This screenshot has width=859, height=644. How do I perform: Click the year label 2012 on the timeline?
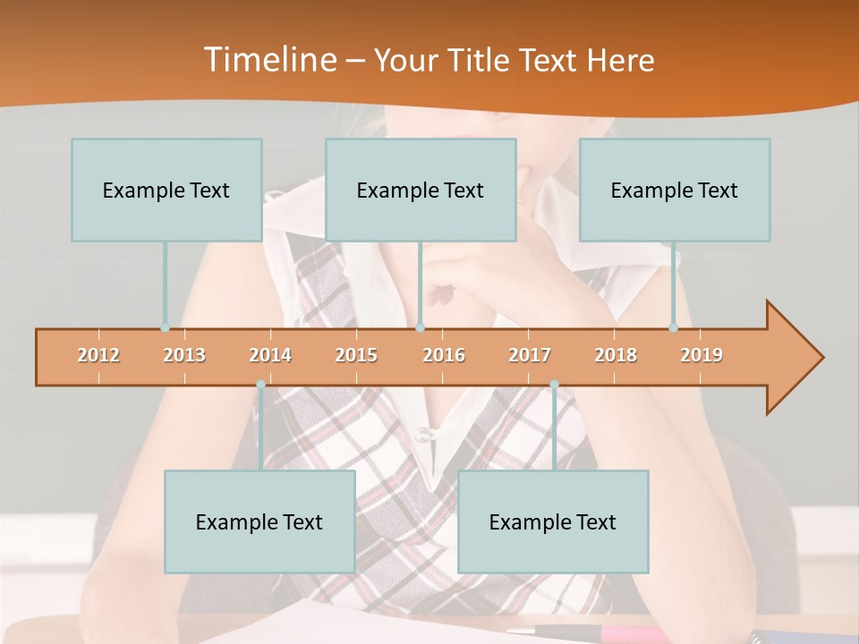click(98, 355)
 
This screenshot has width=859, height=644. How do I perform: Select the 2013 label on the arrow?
click(184, 355)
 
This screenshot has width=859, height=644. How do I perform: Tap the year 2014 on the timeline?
click(270, 355)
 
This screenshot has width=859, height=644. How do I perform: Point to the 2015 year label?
click(356, 355)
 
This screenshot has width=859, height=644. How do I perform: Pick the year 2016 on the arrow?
click(444, 355)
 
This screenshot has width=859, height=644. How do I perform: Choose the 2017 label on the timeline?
click(530, 355)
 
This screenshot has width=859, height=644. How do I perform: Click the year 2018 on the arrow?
click(616, 355)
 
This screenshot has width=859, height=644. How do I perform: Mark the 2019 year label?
click(702, 355)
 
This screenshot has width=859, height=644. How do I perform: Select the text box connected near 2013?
click(166, 190)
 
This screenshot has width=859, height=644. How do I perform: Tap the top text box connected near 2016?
click(421, 190)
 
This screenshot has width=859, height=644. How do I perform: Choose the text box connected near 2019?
click(675, 190)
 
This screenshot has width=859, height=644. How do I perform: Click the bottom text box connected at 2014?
click(259, 521)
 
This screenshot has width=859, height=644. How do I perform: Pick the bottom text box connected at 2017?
click(553, 521)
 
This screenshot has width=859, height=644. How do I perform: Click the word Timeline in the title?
click(268, 59)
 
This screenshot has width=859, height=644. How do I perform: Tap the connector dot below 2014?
click(260, 385)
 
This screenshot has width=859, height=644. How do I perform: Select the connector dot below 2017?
click(554, 385)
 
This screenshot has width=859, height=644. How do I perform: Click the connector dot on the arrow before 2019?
click(674, 327)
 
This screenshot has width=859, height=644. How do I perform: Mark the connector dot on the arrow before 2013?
click(166, 327)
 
